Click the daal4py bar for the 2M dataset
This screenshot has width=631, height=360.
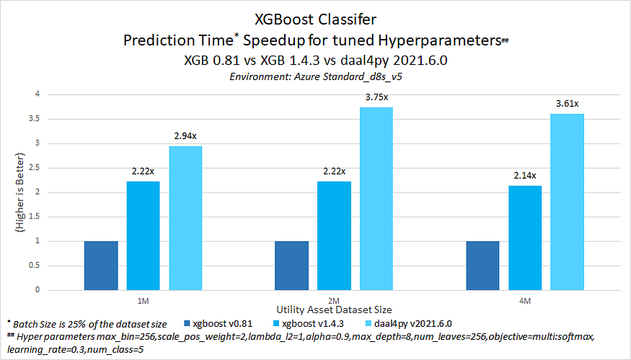(376, 199)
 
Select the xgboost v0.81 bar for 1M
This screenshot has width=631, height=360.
(101, 265)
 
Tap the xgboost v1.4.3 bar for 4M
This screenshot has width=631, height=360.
(525, 238)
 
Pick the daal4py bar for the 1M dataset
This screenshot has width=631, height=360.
(185, 219)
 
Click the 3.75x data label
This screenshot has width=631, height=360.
(376, 97)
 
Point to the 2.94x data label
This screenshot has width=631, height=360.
(185, 136)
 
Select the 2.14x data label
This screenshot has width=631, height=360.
(525, 175)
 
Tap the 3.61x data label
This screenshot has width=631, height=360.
(568, 104)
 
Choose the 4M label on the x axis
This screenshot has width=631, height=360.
(525, 301)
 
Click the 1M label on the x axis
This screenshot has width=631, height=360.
(144, 301)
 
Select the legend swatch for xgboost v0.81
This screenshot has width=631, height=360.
(187, 323)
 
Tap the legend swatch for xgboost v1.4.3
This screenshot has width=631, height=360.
(276, 323)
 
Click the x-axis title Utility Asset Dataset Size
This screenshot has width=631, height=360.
(334, 309)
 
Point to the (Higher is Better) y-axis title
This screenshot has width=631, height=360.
(19, 192)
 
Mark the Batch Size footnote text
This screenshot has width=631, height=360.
(87, 324)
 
